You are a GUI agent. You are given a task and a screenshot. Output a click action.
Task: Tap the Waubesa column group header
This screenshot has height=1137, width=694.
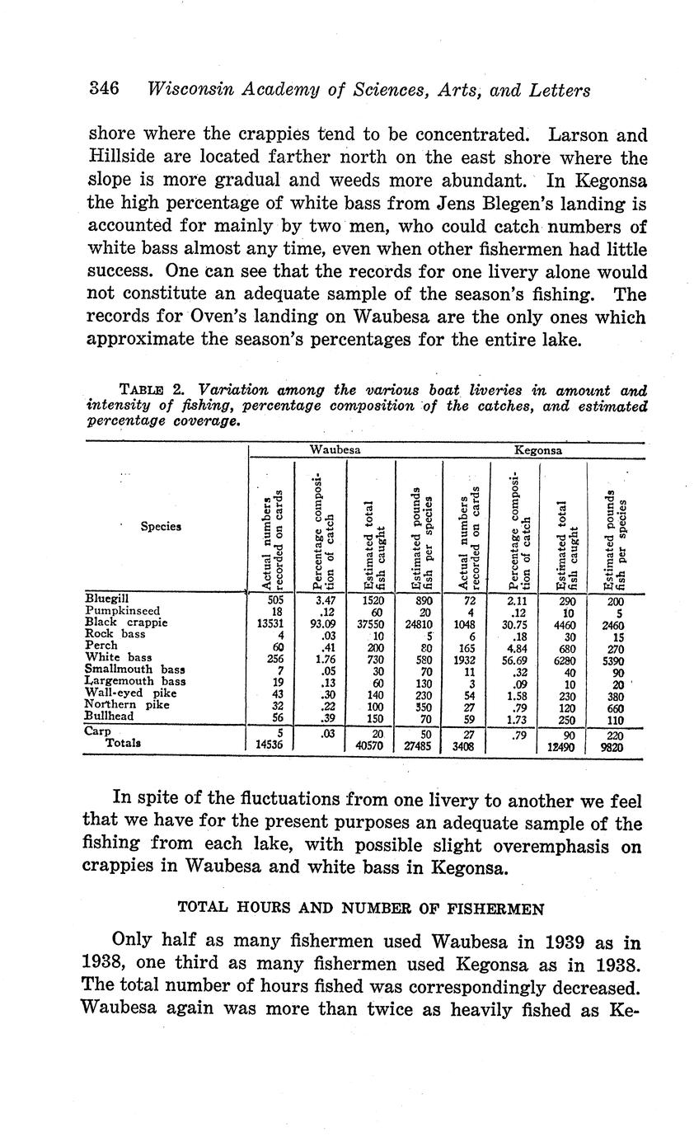pos(329,450)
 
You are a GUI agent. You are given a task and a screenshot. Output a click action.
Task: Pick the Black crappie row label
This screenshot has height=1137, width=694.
pos(126,623)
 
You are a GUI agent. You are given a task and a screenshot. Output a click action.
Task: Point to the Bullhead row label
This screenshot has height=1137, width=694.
pos(109,716)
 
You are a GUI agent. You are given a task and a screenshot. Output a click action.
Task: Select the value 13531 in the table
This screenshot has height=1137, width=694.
pos(271,623)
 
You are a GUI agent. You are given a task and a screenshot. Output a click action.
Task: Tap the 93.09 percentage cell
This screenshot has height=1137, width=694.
pos(321,623)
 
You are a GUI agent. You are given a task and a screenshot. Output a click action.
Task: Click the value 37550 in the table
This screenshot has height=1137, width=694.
pos(370,623)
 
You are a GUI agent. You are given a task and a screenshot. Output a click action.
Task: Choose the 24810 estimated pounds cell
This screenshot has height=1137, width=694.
pos(419,623)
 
